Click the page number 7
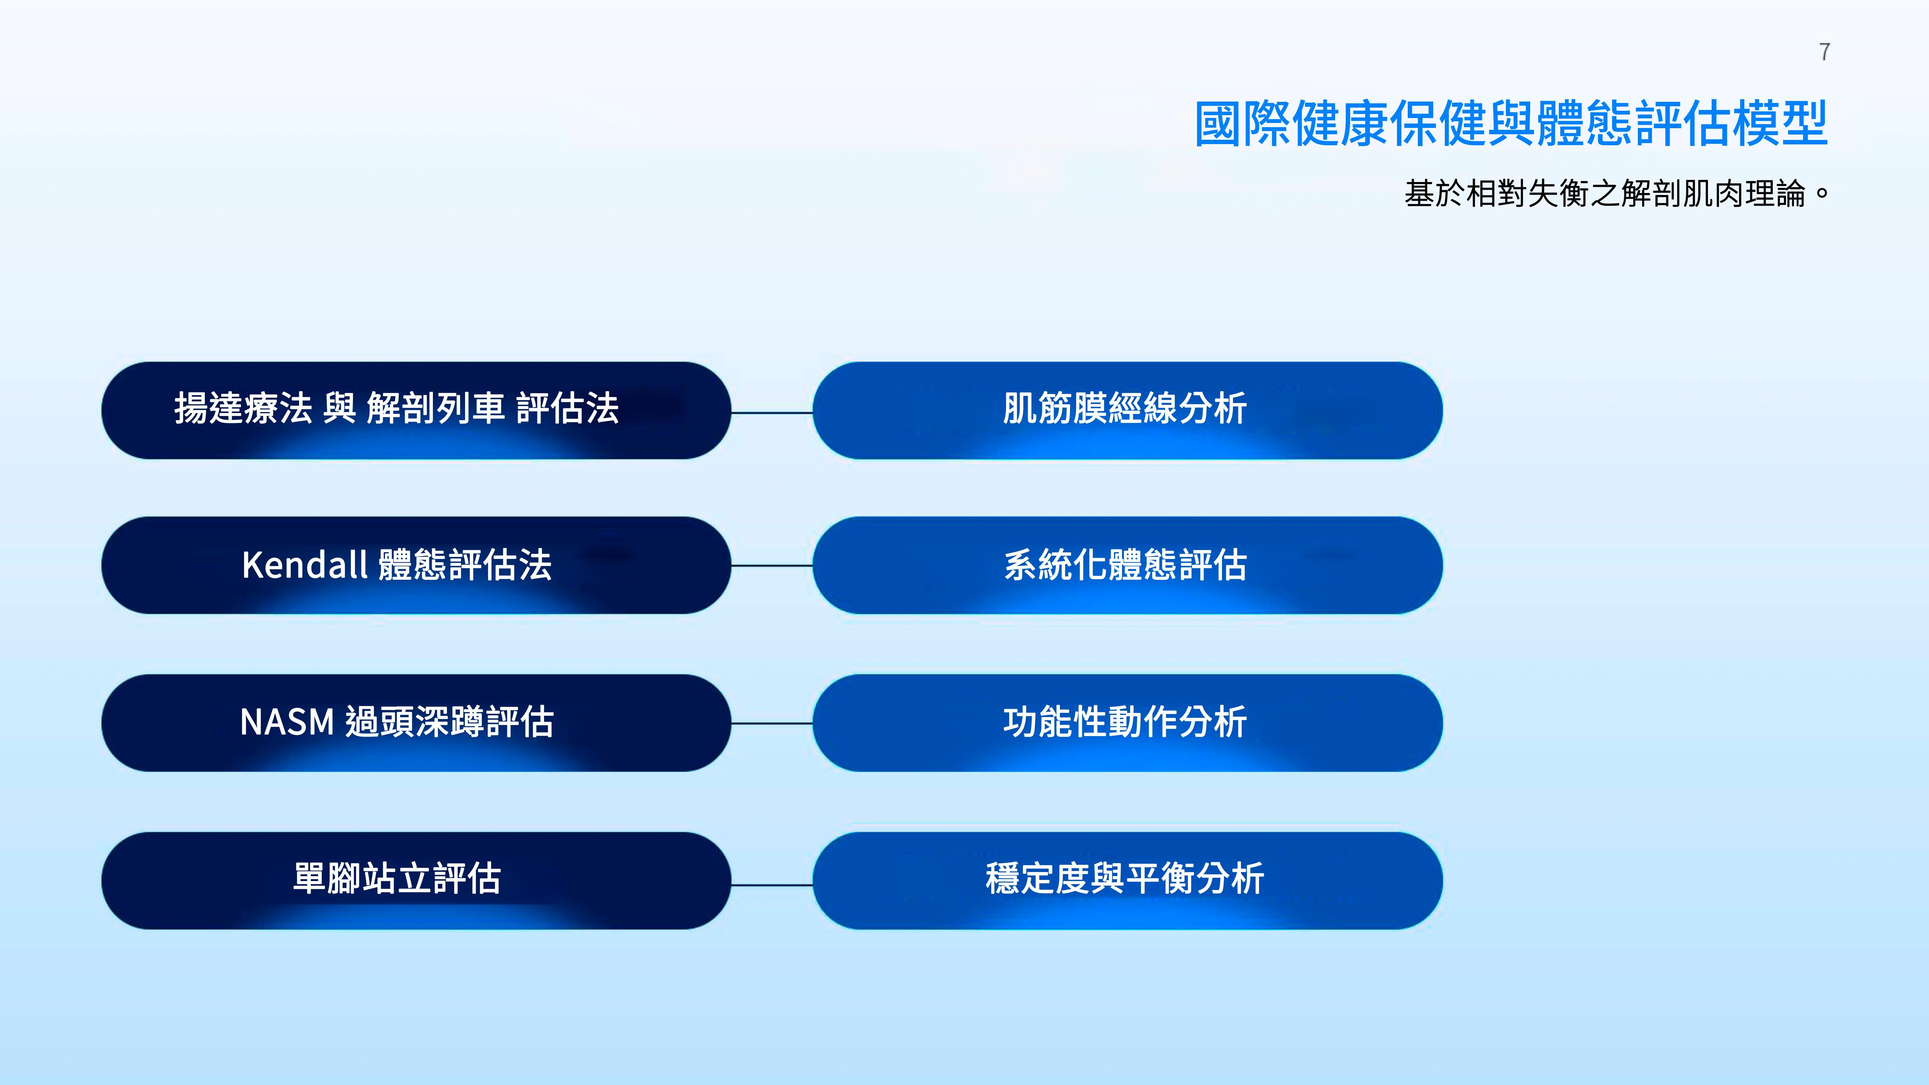pos(1824,52)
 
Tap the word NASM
pos(287,722)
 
